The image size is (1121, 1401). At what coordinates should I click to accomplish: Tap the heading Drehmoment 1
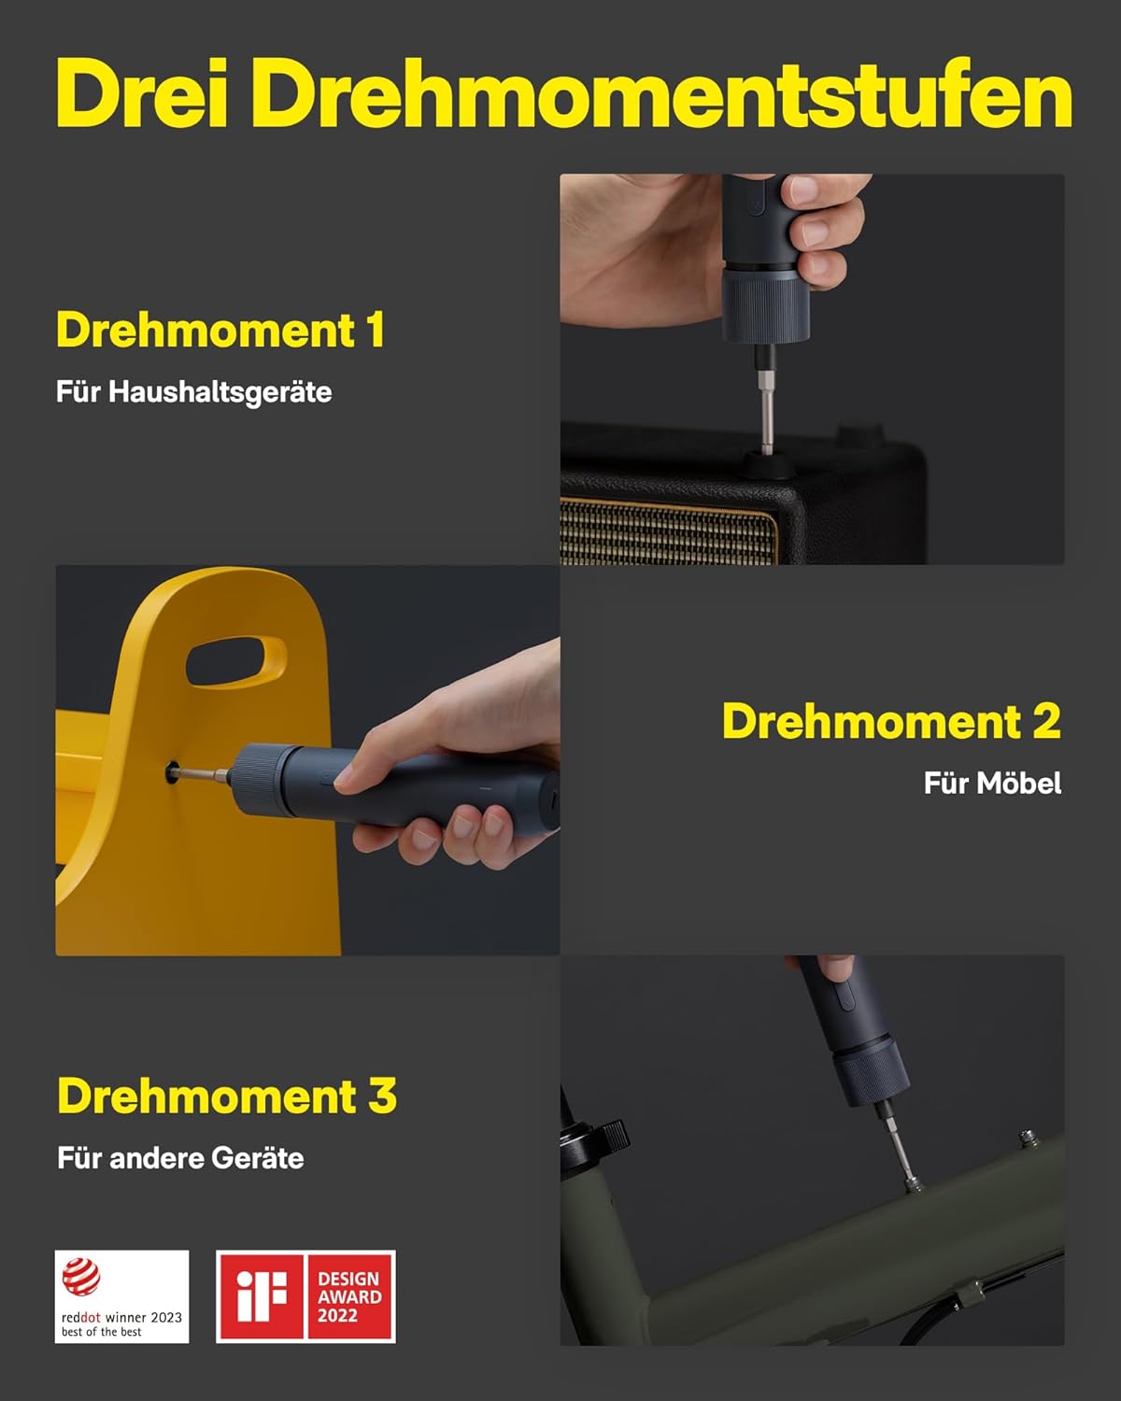pyautogui.click(x=220, y=330)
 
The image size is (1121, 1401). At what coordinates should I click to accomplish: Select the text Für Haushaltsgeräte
pyautogui.click(x=194, y=392)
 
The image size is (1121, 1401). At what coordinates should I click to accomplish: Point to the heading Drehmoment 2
pyautogui.click(x=892, y=721)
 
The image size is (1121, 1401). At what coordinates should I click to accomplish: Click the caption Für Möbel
pyautogui.click(x=993, y=783)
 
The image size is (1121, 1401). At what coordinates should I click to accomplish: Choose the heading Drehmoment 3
pyautogui.click(x=227, y=1096)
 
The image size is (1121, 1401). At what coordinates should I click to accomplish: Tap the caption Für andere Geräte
pyautogui.click(x=180, y=1158)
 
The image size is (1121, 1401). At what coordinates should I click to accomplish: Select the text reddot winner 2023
pyautogui.click(x=121, y=1318)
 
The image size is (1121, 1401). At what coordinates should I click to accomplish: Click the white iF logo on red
pyautogui.click(x=262, y=1296)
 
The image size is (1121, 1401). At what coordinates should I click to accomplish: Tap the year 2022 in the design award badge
pyautogui.click(x=337, y=1316)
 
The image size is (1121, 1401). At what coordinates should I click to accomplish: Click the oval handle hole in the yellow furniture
pyautogui.click(x=235, y=661)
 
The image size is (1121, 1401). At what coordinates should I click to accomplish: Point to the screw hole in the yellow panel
pyautogui.click(x=172, y=772)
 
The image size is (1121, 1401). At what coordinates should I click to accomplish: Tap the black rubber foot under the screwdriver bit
pyautogui.click(x=769, y=464)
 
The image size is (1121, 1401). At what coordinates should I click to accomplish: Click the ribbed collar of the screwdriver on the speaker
pyautogui.click(x=765, y=304)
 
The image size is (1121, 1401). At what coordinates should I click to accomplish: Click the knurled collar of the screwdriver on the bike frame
pyautogui.click(x=873, y=1074)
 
